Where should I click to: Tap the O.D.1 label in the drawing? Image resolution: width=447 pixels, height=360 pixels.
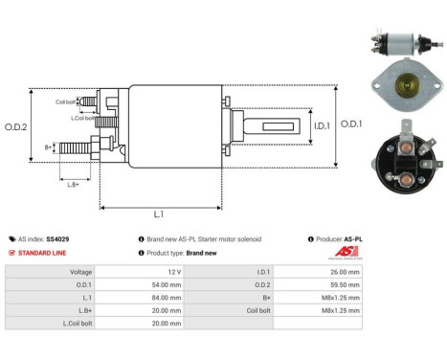pyautogui.click(x=350, y=123)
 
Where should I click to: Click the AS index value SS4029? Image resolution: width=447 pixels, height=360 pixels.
pyautogui.click(x=56, y=238)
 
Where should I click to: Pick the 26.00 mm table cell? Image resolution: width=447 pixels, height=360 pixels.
pyautogui.click(x=346, y=271)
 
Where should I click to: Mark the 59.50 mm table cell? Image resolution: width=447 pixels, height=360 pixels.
pyautogui.click(x=346, y=284)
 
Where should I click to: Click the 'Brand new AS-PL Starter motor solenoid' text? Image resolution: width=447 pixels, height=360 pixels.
pyautogui.click(x=202, y=238)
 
